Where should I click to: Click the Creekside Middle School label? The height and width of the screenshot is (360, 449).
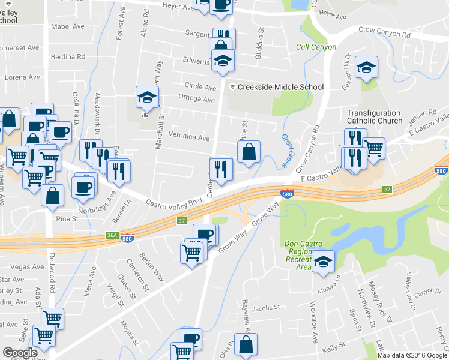280,87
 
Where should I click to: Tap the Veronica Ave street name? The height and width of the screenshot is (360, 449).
189,138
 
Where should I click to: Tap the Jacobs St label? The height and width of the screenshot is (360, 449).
263,309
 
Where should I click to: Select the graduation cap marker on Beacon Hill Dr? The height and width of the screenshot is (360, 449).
366,69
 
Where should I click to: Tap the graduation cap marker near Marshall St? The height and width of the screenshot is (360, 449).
146,97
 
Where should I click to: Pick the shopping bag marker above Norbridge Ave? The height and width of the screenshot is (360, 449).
53,196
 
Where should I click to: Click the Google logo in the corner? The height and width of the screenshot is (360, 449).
20,353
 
